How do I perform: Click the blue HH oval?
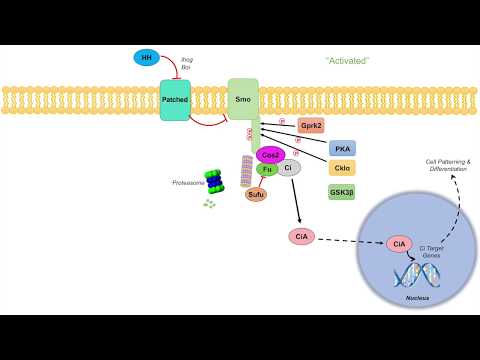(x=147, y=59)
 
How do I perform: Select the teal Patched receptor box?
(x=175, y=100)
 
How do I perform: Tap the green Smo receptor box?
(x=243, y=98)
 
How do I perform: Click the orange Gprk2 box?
(x=311, y=126)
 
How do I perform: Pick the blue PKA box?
(x=342, y=148)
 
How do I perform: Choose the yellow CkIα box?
(x=342, y=168)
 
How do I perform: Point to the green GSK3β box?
(x=342, y=190)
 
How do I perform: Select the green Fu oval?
(x=268, y=169)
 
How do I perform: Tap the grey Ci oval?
(x=289, y=168)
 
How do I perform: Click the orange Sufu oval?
(x=257, y=194)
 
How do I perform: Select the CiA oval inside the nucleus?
(x=399, y=244)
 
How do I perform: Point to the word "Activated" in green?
(x=348, y=61)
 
